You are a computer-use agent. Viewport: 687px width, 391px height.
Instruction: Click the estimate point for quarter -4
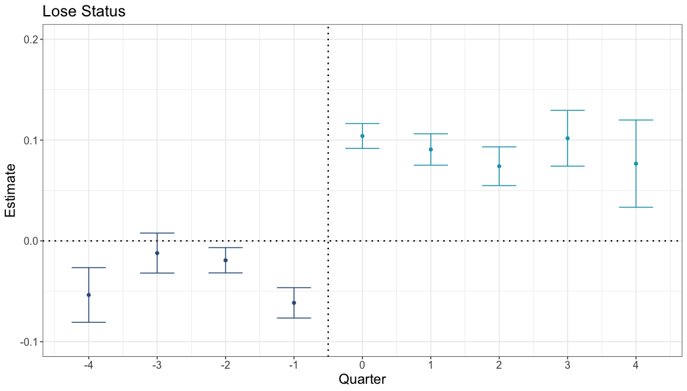point(89,295)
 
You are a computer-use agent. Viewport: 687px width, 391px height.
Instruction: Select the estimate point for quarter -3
point(157,253)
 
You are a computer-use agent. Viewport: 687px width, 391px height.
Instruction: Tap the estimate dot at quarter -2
point(225,260)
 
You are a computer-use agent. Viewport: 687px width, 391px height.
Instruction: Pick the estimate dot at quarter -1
point(294,302)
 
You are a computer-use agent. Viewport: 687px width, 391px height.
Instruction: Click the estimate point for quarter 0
point(362,136)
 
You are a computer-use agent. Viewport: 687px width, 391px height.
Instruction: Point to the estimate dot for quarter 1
point(430,150)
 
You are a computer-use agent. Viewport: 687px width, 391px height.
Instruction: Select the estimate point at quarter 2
point(499,166)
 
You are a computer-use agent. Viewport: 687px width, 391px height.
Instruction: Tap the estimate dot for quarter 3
point(567,138)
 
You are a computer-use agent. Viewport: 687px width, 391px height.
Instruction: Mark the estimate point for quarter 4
point(636,163)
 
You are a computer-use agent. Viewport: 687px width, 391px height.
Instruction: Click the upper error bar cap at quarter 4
point(636,120)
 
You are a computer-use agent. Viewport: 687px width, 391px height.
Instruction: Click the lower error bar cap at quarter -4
point(89,322)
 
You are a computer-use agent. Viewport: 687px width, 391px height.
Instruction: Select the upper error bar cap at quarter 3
point(567,110)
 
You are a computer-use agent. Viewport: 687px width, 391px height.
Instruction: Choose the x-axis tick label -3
point(156,364)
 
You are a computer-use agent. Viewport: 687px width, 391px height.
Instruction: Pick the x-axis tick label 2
point(499,364)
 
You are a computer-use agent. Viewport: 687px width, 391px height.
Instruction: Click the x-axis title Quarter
point(362,379)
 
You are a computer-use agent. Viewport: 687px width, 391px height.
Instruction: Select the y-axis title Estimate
point(11,191)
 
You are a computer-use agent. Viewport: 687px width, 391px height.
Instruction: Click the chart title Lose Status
point(83,11)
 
